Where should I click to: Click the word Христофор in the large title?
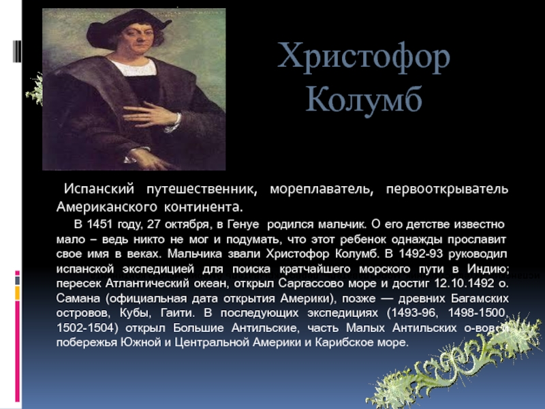pyautogui.click(x=364, y=57)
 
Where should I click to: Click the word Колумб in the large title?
pyautogui.click(x=364, y=99)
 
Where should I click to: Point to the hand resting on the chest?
pyautogui.click(x=152, y=116)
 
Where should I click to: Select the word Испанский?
pyautogui.click(x=99, y=190)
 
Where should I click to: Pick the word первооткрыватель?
pyautogui.click(x=447, y=190)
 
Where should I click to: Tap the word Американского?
pyautogui.click(x=107, y=207)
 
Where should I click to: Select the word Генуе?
pyautogui.click(x=243, y=225)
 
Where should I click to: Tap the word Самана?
pyautogui.click(x=78, y=299)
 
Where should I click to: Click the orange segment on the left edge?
pyautogui.click(x=18, y=293)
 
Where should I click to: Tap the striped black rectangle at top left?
pyautogui.click(x=17, y=52)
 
